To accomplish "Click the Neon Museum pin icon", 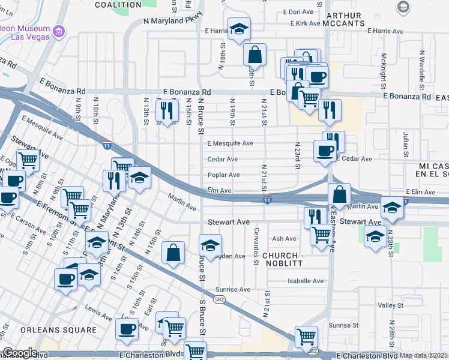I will click(59, 31).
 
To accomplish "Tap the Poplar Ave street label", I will click(223, 175).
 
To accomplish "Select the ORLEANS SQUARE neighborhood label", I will click(58, 330).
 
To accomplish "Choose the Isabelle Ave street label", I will click(306, 281).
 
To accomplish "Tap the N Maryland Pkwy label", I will click(171, 20).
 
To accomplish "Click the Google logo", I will click(19, 353).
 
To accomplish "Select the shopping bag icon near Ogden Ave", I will click(173, 253).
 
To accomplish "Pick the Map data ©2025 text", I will click(423, 355).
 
